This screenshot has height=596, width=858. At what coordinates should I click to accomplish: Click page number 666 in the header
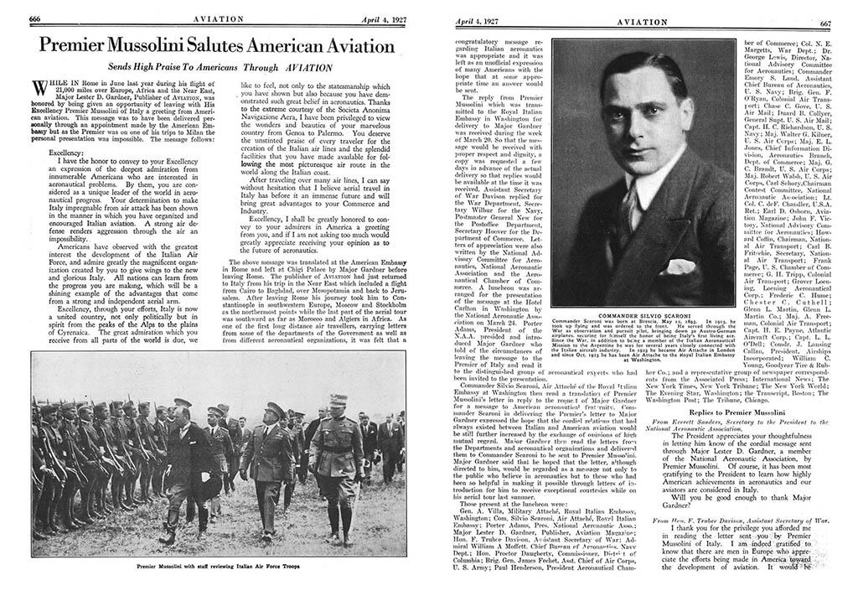[x=37, y=17]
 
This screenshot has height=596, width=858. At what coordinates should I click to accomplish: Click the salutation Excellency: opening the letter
[x=53, y=153]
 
